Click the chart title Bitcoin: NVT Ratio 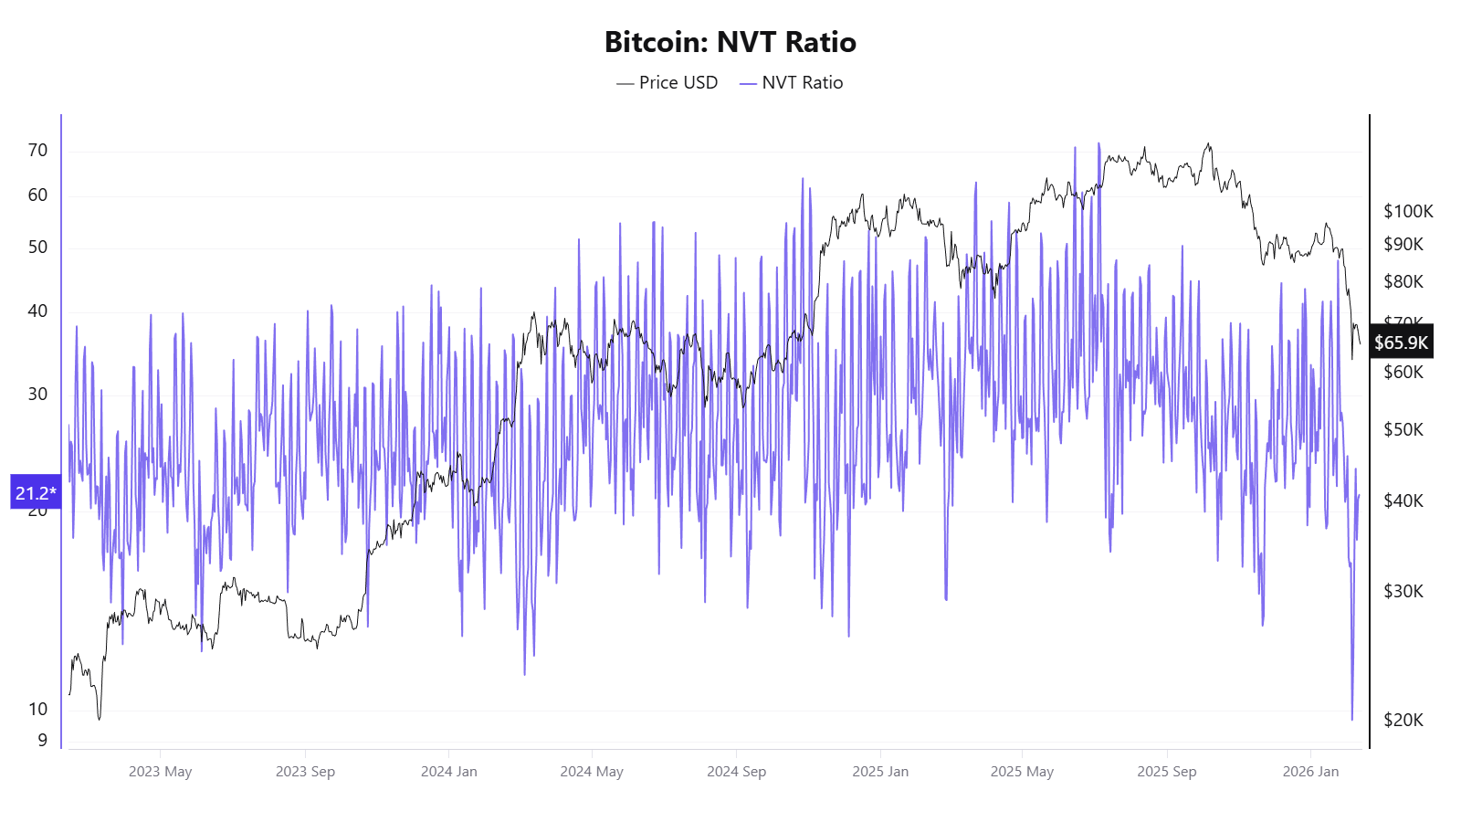coord(730,42)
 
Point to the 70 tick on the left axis coord(37,150)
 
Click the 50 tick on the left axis coord(37,247)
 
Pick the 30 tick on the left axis coord(37,394)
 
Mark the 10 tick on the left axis coord(37,709)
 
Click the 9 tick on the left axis coord(42,740)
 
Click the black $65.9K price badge coord(1401,342)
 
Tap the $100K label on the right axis coord(1408,211)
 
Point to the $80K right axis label coord(1403,281)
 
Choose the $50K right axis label coord(1403,429)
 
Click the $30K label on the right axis coord(1403,591)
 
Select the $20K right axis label coord(1403,720)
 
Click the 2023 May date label coord(160,772)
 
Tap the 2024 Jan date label coord(448,772)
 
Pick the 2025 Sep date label coord(1166,772)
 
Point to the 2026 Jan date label coord(1310,772)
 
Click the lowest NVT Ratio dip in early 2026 coord(1352,719)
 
